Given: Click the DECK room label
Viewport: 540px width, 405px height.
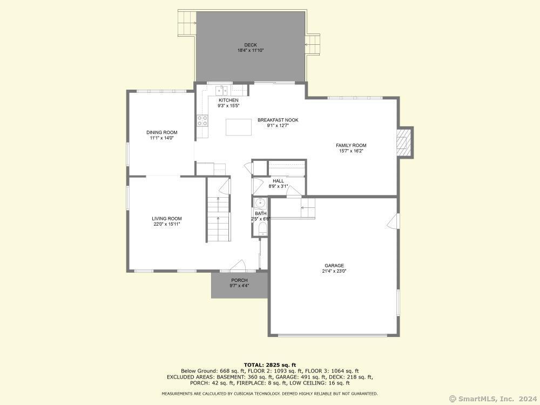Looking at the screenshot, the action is click(x=251, y=45).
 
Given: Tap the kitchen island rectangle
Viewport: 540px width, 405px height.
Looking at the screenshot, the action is click(x=239, y=127).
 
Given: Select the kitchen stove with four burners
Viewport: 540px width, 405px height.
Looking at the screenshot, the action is click(x=202, y=120).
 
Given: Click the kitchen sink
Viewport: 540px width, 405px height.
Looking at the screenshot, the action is click(x=221, y=90).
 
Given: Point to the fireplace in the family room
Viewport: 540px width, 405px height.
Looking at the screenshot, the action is click(x=404, y=142).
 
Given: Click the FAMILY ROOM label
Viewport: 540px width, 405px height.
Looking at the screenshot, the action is click(x=351, y=145).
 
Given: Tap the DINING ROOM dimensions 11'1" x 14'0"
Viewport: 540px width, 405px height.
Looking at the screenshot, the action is click(x=161, y=138).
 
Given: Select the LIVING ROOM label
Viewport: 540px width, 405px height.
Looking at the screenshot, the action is click(x=167, y=218).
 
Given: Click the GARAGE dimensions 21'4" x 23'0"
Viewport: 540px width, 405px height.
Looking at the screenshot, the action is click(x=334, y=271).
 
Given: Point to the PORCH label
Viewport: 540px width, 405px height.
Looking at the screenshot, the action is click(x=239, y=280).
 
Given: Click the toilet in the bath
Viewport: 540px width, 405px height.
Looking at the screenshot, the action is click(x=262, y=229).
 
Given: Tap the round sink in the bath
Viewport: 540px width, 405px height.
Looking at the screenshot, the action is click(x=260, y=202).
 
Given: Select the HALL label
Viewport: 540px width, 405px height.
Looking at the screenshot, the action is click(x=278, y=181).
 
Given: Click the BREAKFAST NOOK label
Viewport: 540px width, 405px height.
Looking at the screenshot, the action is click(x=278, y=120).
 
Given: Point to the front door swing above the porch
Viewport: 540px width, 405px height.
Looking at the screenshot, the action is click(x=238, y=265).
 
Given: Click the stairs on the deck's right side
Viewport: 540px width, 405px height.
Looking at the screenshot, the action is click(x=313, y=44).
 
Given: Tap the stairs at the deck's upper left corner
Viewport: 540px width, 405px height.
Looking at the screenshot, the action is click(x=187, y=23).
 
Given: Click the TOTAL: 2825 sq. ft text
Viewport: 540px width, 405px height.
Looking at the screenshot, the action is click(x=269, y=365).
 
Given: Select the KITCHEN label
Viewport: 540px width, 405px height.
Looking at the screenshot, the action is click(x=228, y=100).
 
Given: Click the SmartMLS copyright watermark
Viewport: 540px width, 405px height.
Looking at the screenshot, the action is click(x=493, y=399).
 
